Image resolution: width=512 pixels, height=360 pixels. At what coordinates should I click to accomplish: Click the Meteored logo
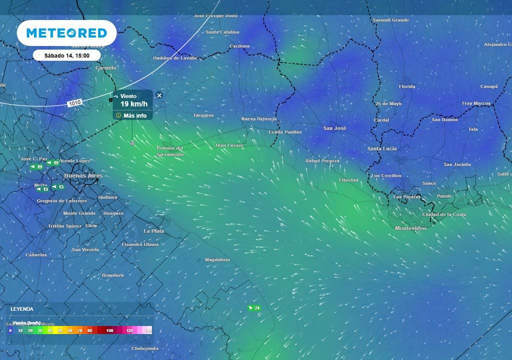tap(66, 33)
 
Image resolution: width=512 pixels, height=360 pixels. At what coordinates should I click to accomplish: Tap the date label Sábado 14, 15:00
tap(66, 55)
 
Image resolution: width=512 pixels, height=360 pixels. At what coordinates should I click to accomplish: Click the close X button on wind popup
tap(159, 95)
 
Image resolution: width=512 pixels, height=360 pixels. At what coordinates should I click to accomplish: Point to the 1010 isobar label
tap(74, 103)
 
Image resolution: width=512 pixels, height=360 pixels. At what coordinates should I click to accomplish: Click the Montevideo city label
tap(410, 228)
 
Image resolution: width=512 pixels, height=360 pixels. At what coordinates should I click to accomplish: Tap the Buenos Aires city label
tap(83, 176)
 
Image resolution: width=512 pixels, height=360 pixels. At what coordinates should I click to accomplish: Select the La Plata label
tap(153, 231)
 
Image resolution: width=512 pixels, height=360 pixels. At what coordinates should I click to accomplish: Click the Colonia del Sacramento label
tap(170, 151)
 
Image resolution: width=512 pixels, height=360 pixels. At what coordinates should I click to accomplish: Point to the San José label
tap(334, 128)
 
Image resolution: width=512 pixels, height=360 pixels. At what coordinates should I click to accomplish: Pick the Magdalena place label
tap(217, 260)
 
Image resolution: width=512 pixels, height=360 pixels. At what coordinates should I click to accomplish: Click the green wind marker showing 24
tap(254, 308)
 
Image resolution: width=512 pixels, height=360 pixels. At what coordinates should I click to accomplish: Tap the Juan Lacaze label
tap(228, 145)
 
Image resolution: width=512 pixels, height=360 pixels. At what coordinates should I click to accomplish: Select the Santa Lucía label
tap(382, 148)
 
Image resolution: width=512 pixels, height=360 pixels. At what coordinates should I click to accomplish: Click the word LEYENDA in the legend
tap(22, 309)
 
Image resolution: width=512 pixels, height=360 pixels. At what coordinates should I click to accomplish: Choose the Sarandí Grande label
tap(390, 20)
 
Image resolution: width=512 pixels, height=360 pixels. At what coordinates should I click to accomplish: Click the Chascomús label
tap(145, 348)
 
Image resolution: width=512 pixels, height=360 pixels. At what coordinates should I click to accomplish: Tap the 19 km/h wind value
tap(133, 104)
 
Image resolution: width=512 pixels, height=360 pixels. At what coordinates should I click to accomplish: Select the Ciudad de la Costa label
tap(444, 214)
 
